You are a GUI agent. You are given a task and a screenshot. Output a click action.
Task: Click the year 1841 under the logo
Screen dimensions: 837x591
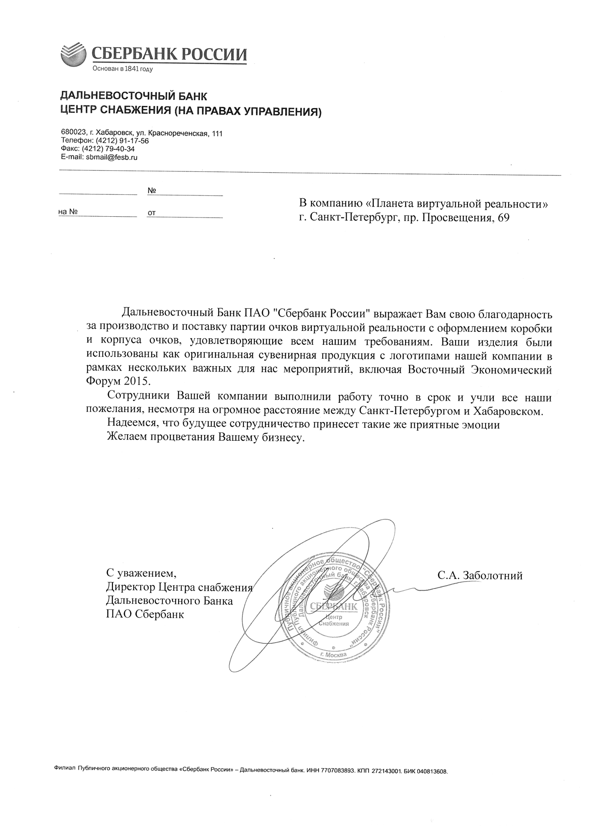[x=132, y=69]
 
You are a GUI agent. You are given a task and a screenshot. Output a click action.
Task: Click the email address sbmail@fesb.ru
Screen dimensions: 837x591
[x=111, y=157]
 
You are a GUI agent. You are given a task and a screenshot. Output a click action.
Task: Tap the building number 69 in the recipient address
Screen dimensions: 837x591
[x=503, y=218]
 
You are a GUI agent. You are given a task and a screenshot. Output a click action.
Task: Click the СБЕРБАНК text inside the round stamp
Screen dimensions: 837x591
[x=334, y=606]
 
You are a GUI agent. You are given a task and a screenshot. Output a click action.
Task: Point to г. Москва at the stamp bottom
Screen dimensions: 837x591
[x=333, y=655]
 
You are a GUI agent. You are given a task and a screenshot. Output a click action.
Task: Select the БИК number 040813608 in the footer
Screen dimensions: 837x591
[x=432, y=771]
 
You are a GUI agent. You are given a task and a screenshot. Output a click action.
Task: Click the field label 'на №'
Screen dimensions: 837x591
[x=68, y=212]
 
